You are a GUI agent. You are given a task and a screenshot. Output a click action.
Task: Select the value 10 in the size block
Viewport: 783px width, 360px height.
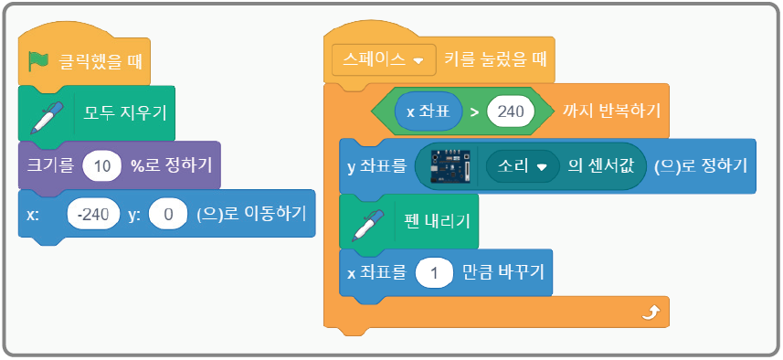[102, 165]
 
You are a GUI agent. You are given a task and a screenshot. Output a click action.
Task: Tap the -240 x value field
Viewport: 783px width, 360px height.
[93, 215]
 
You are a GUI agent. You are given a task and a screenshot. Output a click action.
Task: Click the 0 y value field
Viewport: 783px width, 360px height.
[167, 215]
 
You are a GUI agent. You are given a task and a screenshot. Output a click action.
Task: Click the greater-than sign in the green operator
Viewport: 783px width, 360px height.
[473, 112]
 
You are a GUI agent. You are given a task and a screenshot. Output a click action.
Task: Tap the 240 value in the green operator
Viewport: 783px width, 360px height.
[511, 112]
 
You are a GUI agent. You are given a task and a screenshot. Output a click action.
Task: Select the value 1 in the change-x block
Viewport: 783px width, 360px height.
[436, 273]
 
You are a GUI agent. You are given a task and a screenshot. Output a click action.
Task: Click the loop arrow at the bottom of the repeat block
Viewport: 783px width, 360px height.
[650, 313]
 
